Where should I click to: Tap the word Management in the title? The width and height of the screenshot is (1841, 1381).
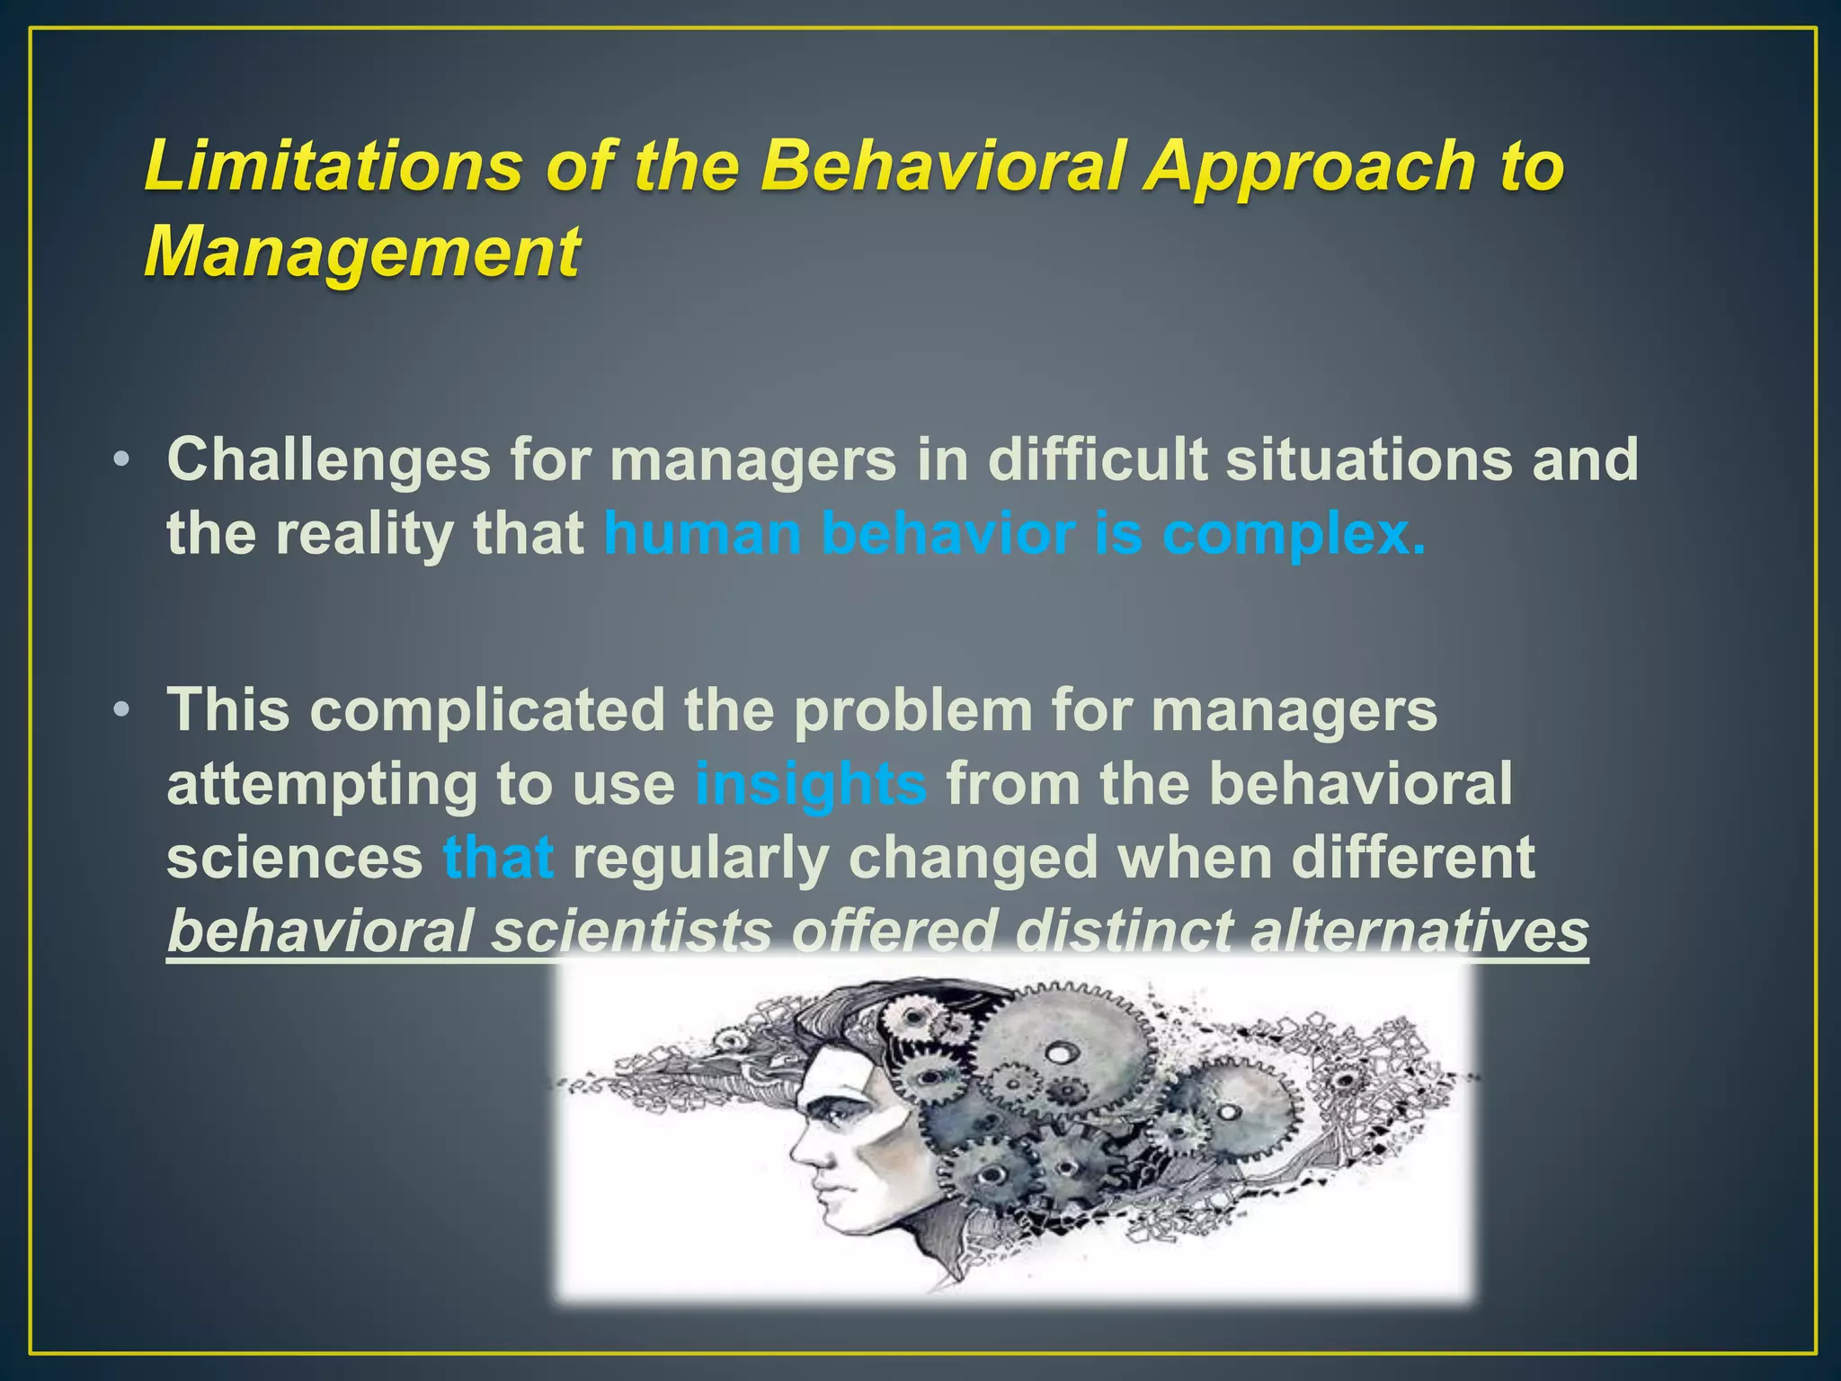(361, 252)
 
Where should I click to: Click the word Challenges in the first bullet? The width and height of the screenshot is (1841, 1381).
(328, 459)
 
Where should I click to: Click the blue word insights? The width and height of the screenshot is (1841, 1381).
(810, 784)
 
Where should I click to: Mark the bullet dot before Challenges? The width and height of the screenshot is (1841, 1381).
(122, 461)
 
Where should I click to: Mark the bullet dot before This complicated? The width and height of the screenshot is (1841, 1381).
(122, 711)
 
